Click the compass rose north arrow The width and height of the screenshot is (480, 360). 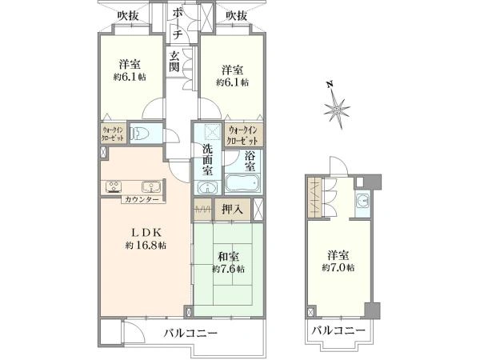tap(337, 107)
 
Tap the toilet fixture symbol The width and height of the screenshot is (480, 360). tap(140, 133)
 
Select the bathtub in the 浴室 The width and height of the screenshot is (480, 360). tap(242, 182)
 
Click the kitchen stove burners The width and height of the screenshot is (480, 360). tap(114, 186)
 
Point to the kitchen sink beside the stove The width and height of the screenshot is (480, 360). tap(151, 186)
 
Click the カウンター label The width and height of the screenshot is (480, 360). tap(142, 200)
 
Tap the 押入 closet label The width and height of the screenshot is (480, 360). tap(233, 210)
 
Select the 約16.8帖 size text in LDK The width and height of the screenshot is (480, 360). tap(146, 246)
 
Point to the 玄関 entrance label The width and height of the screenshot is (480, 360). tap(174, 61)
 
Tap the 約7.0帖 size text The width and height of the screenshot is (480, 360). tap(338, 267)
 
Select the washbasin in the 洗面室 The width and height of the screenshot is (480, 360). tap(207, 187)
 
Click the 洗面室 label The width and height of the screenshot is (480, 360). tap(208, 159)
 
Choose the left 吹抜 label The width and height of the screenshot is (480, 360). tap(128, 16)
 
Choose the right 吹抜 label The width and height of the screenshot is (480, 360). tap(237, 16)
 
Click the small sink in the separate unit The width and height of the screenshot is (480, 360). tap(363, 202)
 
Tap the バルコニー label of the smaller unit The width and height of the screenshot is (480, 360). tap(338, 331)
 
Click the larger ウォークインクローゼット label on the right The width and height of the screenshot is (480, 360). tap(243, 135)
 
